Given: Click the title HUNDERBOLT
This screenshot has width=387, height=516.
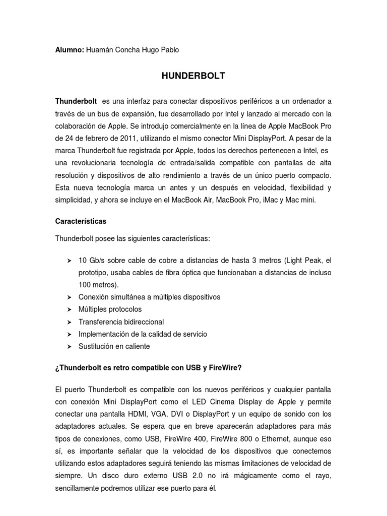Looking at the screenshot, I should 193,76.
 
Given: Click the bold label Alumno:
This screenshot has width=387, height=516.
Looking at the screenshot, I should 70,50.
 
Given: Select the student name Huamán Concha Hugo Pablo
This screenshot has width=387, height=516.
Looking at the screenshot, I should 132,50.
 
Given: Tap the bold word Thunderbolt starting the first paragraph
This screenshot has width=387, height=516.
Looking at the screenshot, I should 76,101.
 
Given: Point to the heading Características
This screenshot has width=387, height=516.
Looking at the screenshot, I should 81,221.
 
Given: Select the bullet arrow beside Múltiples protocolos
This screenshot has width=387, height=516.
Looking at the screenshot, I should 69,309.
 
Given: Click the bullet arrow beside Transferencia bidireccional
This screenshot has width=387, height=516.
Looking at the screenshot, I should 69,322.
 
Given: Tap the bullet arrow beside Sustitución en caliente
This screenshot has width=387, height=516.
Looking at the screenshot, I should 69,347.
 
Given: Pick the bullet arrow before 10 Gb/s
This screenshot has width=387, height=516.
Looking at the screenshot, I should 69,261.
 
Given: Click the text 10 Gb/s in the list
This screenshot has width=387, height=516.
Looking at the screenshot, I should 91,261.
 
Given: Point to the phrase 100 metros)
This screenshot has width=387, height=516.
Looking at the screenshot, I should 95,285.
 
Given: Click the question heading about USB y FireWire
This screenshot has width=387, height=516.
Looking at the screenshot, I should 148,368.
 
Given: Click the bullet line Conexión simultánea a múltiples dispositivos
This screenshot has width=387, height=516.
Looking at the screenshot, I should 149,297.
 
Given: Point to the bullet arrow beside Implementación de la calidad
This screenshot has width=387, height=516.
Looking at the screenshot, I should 69,334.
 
